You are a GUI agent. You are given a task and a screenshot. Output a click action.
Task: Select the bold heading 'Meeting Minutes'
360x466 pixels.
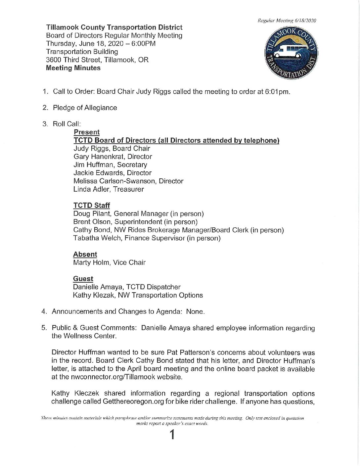click(73, 68)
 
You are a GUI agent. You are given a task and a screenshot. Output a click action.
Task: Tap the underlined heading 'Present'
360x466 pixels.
click(87, 132)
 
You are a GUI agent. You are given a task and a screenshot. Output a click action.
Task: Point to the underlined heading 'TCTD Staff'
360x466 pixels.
click(92, 206)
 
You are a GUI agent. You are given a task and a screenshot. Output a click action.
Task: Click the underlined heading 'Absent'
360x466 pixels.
click(85, 254)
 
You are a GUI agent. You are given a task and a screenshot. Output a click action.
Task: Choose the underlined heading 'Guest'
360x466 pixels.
click(83, 279)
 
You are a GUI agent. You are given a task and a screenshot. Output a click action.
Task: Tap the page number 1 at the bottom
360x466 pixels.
click(172, 435)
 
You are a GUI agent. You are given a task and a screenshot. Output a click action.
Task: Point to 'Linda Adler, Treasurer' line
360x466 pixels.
click(109, 189)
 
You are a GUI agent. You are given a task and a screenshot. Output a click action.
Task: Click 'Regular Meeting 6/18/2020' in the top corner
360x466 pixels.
click(287, 21)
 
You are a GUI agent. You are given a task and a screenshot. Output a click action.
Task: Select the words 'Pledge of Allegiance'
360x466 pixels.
click(85, 108)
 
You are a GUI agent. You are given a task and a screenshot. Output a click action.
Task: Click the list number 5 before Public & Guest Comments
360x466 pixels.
click(44, 328)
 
